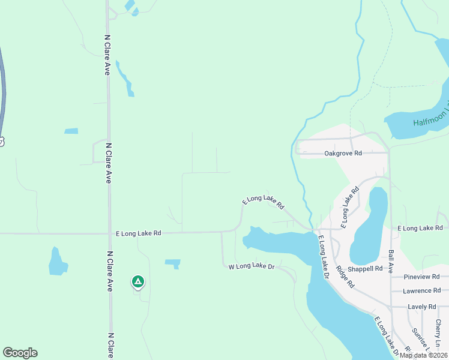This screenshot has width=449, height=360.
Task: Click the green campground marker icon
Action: pyautogui.click(x=138, y=281)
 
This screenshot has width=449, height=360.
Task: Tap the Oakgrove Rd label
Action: pyautogui.click(x=343, y=154)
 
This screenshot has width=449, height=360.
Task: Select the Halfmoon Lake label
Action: pyautogui.click(x=430, y=116)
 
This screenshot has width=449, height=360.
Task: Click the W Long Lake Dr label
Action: pyautogui.click(x=252, y=266)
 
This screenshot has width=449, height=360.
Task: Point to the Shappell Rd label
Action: pyautogui.click(x=366, y=269)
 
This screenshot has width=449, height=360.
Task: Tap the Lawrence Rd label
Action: pyautogui.click(x=422, y=291)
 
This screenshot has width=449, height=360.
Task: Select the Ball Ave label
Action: pyautogui.click(x=391, y=262)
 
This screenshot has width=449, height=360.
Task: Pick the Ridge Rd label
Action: pyautogui.click(x=345, y=278)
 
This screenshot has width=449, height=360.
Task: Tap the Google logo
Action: pyautogui.click(x=20, y=353)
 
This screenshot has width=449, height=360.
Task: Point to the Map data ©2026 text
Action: pyautogui.click(x=423, y=355)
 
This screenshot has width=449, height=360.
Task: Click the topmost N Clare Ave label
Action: pyautogui.click(x=107, y=55)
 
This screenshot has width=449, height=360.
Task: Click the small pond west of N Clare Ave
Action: pyautogui.click(x=57, y=262)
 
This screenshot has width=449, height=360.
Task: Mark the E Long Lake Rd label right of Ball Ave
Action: pyautogui.click(x=420, y=228)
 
